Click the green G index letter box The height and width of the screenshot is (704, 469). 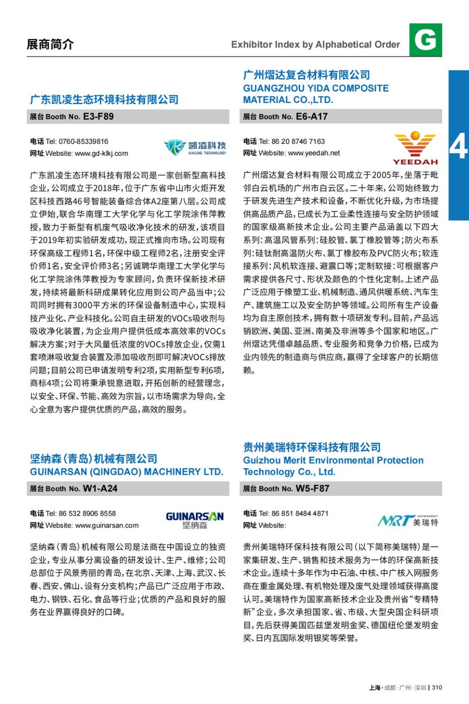425,40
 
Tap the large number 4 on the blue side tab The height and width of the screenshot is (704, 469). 458,147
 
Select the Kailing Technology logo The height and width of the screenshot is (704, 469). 195,147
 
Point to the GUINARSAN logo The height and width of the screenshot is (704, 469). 194,520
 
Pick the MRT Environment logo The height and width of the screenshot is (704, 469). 407,521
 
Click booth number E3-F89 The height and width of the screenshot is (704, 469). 98,117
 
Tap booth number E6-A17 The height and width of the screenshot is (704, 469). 311,117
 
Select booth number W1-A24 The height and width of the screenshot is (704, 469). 100,488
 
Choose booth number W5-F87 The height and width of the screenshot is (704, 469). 312,488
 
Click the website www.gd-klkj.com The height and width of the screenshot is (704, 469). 101,154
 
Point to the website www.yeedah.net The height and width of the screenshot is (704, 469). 314,153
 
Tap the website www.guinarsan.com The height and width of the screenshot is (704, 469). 106,525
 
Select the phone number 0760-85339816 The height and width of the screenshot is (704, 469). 83,142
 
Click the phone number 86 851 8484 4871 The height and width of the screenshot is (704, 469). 300,513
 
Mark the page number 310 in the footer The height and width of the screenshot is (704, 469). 437,688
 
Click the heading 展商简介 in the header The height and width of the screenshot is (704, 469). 50,44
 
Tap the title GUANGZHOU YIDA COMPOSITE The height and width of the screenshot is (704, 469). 315,88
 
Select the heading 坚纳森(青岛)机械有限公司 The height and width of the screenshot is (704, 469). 93,459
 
